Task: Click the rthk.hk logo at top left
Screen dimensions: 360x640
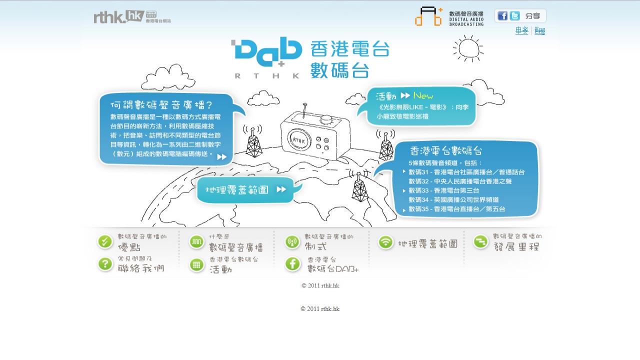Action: click(x=119, y=17)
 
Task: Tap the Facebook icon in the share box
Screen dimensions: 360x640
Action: click(x=502, y=16)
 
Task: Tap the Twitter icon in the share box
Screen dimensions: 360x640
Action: click(x=515, y=16)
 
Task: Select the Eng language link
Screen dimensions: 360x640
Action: click(x=539, y=31)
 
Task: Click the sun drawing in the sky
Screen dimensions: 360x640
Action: click(x=468, y=48)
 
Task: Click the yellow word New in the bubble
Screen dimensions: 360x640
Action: click(x=423, y=95)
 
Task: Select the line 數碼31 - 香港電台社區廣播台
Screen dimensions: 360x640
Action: click(x=466, y=172)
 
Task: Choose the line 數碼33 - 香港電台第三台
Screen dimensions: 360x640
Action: click(x=443, y=190)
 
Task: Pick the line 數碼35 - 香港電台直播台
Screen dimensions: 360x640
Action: click(x=456, y=209)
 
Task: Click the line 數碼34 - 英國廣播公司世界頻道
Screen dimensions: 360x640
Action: click(x=453, y=199)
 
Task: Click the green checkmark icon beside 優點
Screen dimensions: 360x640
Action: click(x=105, y=242)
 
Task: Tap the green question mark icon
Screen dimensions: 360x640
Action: click(x=105, y=264)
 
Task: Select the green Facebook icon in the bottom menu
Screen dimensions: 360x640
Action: click(x=292, y=264)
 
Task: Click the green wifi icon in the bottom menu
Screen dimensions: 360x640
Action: click(x=385, y=242)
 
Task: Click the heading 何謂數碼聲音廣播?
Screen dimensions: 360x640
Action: click(x=161, y=105)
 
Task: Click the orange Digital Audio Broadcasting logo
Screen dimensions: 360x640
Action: click(x=428, y=16)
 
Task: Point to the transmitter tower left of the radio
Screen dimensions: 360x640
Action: click(x=253, y=142)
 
